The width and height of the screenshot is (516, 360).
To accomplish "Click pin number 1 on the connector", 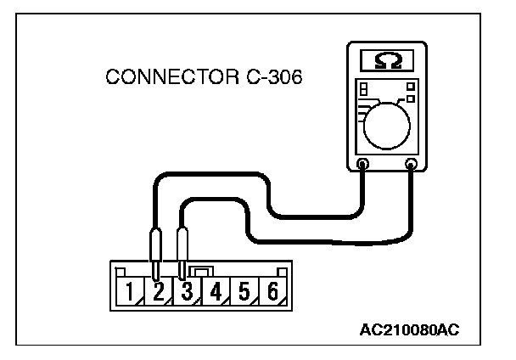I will [x=130, y=294].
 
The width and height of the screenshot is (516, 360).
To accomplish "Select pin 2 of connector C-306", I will [x=159, y=294].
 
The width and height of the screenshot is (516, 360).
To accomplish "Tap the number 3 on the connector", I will [x=188, y=294].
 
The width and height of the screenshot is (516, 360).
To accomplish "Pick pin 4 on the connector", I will [x=216, y=294].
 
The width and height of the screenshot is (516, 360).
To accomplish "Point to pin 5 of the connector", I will [x=244, y=294].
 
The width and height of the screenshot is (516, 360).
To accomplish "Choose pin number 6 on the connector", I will [x=272, y=294].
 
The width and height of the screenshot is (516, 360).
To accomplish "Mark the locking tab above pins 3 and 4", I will [x=201, y=270].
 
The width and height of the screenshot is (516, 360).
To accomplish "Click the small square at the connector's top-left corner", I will [x=122, y=271].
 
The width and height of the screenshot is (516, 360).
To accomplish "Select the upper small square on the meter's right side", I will [x=410, y=86].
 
